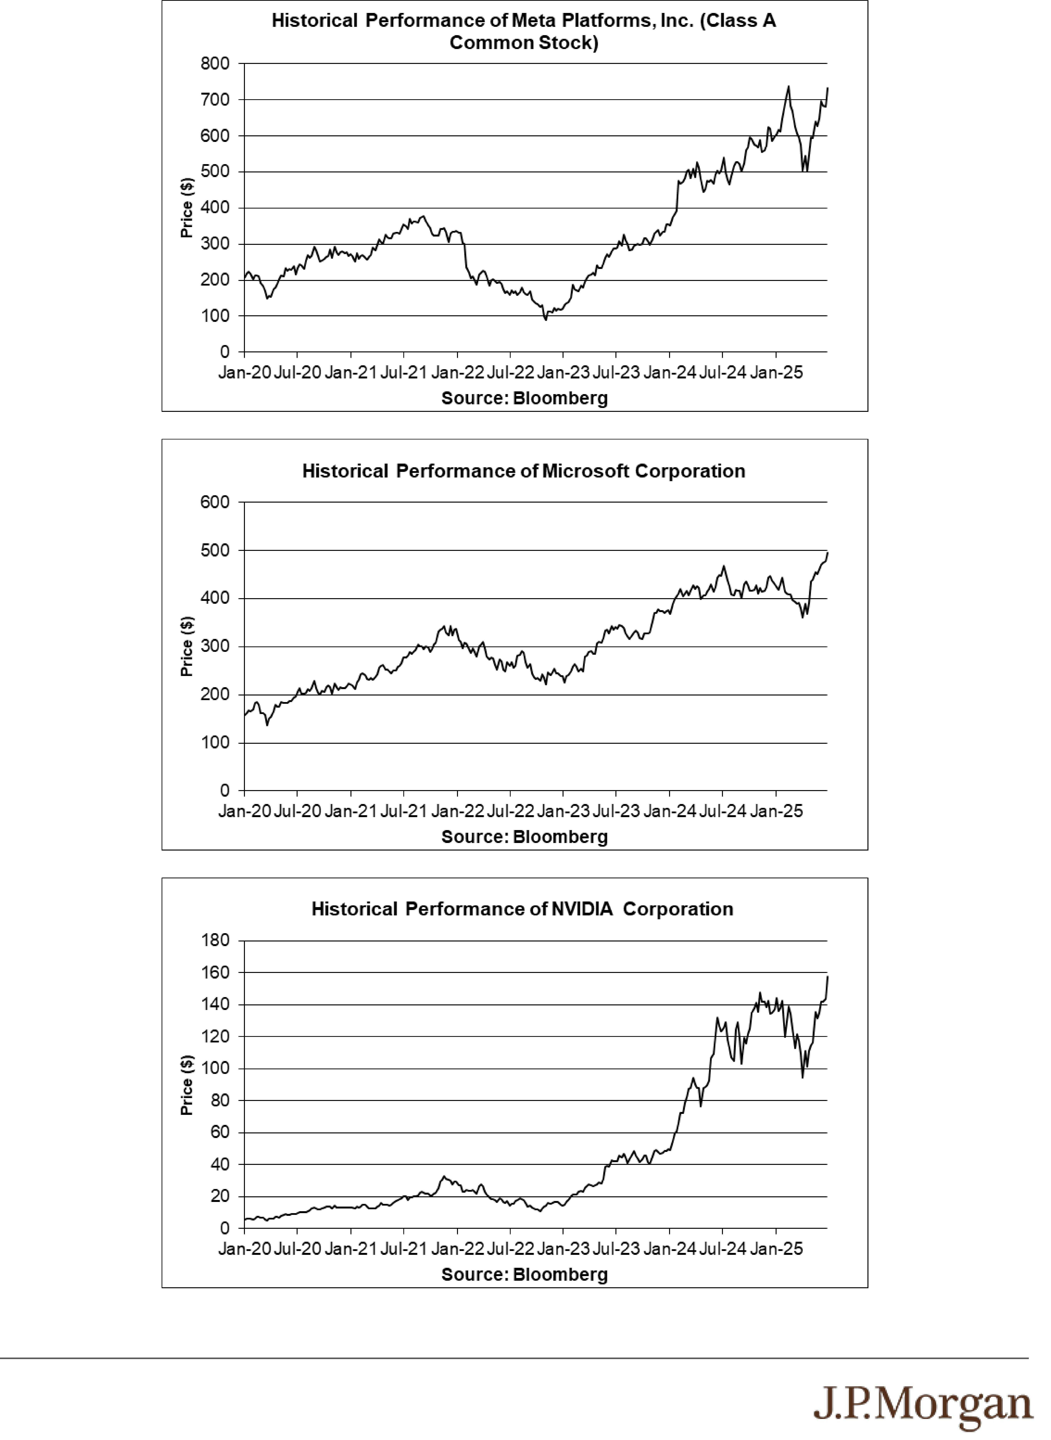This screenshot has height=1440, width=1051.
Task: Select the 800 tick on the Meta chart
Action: coord(216,64)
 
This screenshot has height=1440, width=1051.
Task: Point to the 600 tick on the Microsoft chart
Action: coord(216,502)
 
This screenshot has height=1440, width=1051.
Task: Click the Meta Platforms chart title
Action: coord(524,32)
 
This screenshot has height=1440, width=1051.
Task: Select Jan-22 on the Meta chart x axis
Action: coord(457,372)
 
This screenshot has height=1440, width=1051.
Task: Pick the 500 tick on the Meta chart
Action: coord(216,172)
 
